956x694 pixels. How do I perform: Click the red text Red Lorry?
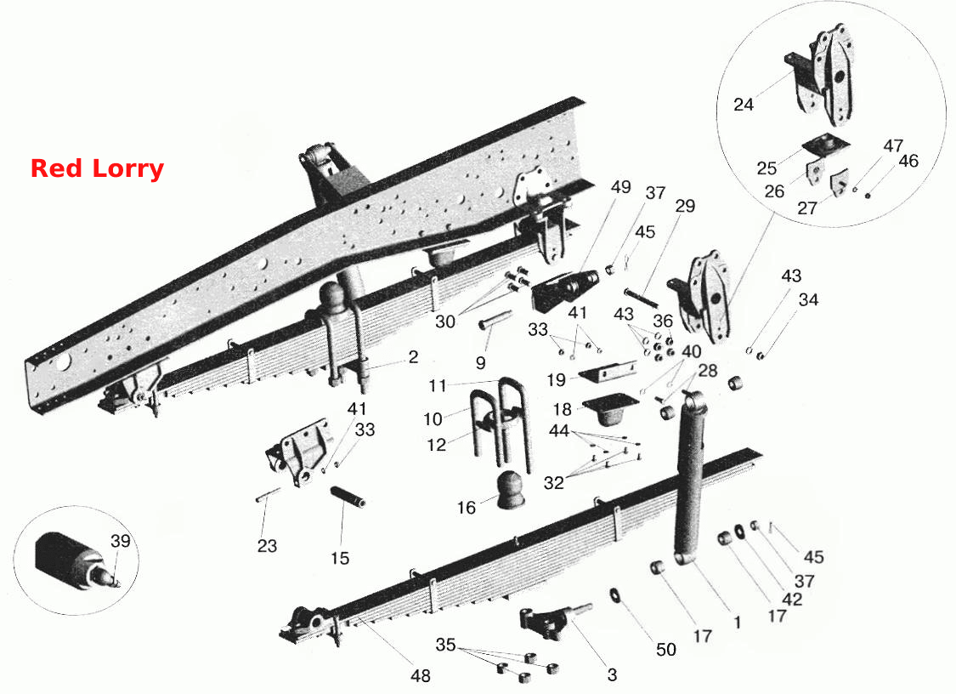pos(97,168)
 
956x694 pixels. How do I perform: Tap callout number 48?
pos(420,675)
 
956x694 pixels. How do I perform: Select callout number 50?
pos(665,650)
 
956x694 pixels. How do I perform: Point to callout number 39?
pos(121,541)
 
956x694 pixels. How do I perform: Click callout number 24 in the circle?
pos(744,105)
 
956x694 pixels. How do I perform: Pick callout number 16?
pos(466,507)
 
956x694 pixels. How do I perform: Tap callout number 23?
pos(267,545)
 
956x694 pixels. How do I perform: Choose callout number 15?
pos(340,558)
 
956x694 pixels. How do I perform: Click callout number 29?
pos(685,206)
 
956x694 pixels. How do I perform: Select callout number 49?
pos(620,187)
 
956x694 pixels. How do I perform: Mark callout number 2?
pos(413,357)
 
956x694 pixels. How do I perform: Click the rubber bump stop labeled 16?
pos(511,490)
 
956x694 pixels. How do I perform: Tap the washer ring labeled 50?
pos(614,594)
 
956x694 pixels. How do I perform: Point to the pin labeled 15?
pos(348,496)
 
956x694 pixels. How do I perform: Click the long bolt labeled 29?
pos(641,299)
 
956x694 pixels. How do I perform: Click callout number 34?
pos(808,299)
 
